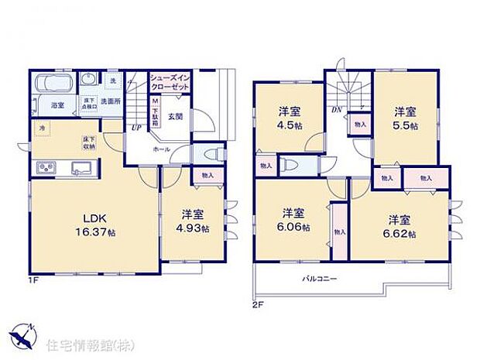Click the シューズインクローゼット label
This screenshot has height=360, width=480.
point(170,83)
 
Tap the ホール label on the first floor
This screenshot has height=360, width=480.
point(161,149)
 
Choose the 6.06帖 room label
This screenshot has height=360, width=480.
point(293,221)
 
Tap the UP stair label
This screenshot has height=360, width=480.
point(136,128)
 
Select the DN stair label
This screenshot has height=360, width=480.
point(338,110)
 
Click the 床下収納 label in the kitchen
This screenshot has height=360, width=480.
point(87,142)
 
